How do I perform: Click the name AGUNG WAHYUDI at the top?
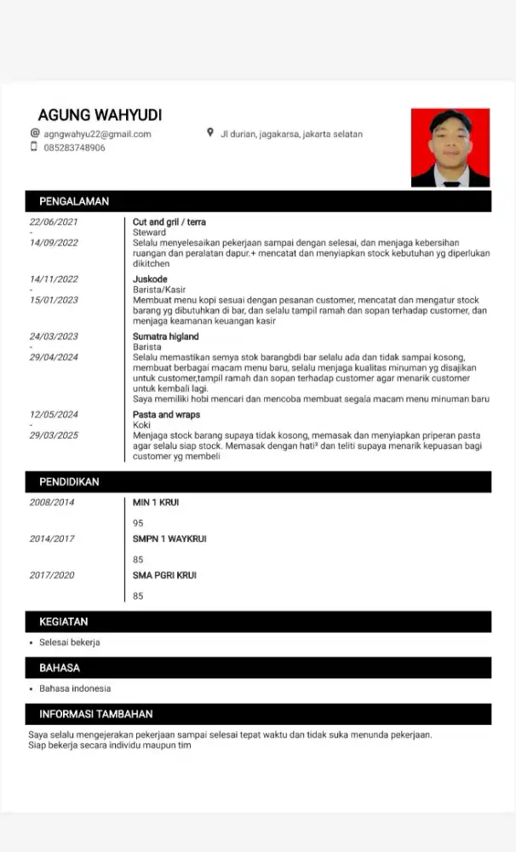(x=100, y=115)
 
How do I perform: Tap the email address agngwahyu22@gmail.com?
(x=97, y=134)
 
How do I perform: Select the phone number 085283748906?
(x=75, y=147)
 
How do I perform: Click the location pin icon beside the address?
(x=210, y=133)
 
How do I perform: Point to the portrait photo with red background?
(x=450, y=147)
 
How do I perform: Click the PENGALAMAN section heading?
(x=74, y=202)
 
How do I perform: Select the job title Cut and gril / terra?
(x=169, y=222)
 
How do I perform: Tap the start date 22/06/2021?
(x=54, y=222)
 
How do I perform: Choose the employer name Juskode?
(x=150, y=279)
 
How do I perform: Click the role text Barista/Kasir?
(x=159, y=290)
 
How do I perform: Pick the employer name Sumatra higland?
(x=165, y=337)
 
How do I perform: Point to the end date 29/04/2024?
(x=54, y=357)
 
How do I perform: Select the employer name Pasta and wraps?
(x=167, y=415)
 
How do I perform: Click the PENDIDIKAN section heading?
(x=69, y=482)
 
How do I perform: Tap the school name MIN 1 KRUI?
(x=156, y=503)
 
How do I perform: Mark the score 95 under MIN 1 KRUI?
(x=138, y=523)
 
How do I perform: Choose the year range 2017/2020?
(x=52, y=575)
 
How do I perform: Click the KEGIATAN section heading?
(x=63, y=622)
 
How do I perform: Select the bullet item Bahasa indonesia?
(x=75, y=688)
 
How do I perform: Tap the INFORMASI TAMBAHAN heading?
(x=96, y=714)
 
